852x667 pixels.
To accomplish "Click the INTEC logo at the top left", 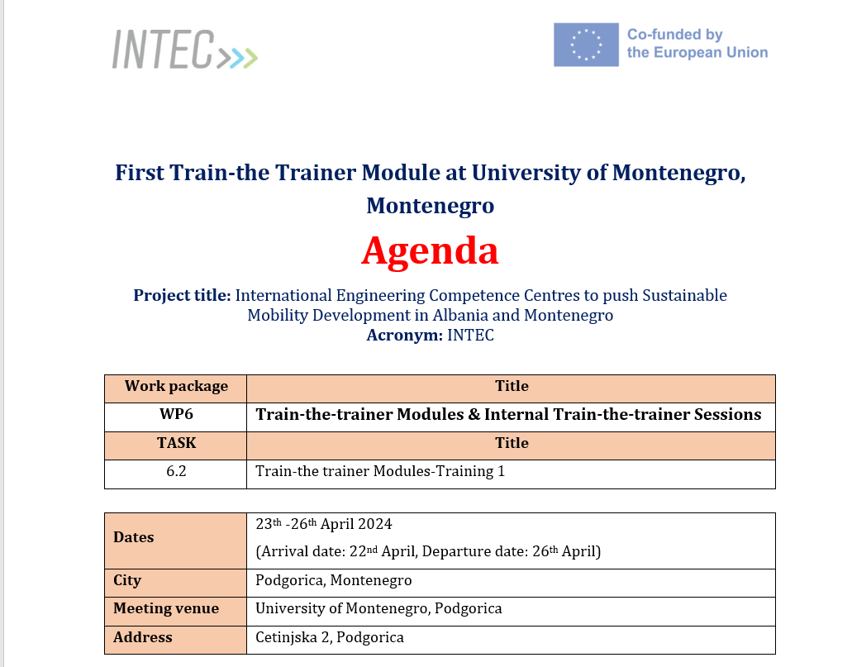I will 183,50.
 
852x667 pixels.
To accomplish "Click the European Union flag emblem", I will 585,45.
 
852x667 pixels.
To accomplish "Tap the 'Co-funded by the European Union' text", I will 697,44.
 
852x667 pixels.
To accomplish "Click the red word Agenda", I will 430,251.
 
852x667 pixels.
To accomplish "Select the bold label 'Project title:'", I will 182,295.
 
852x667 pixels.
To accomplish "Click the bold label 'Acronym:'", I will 404,335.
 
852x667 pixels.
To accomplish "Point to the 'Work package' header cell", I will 176,386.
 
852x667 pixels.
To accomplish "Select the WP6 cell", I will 176,414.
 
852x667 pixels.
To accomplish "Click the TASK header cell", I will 176,443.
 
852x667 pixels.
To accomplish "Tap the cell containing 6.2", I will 176,472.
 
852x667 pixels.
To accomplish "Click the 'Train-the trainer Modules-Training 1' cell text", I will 379,472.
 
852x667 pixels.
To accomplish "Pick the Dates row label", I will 134,537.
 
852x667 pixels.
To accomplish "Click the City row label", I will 127,580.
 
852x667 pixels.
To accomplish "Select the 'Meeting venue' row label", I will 166,609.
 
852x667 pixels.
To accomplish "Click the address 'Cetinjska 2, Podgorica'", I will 329,637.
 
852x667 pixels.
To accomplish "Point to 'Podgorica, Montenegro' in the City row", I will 333,580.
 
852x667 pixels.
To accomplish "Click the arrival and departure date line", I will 428,551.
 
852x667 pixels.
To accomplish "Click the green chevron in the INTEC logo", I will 250,57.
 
